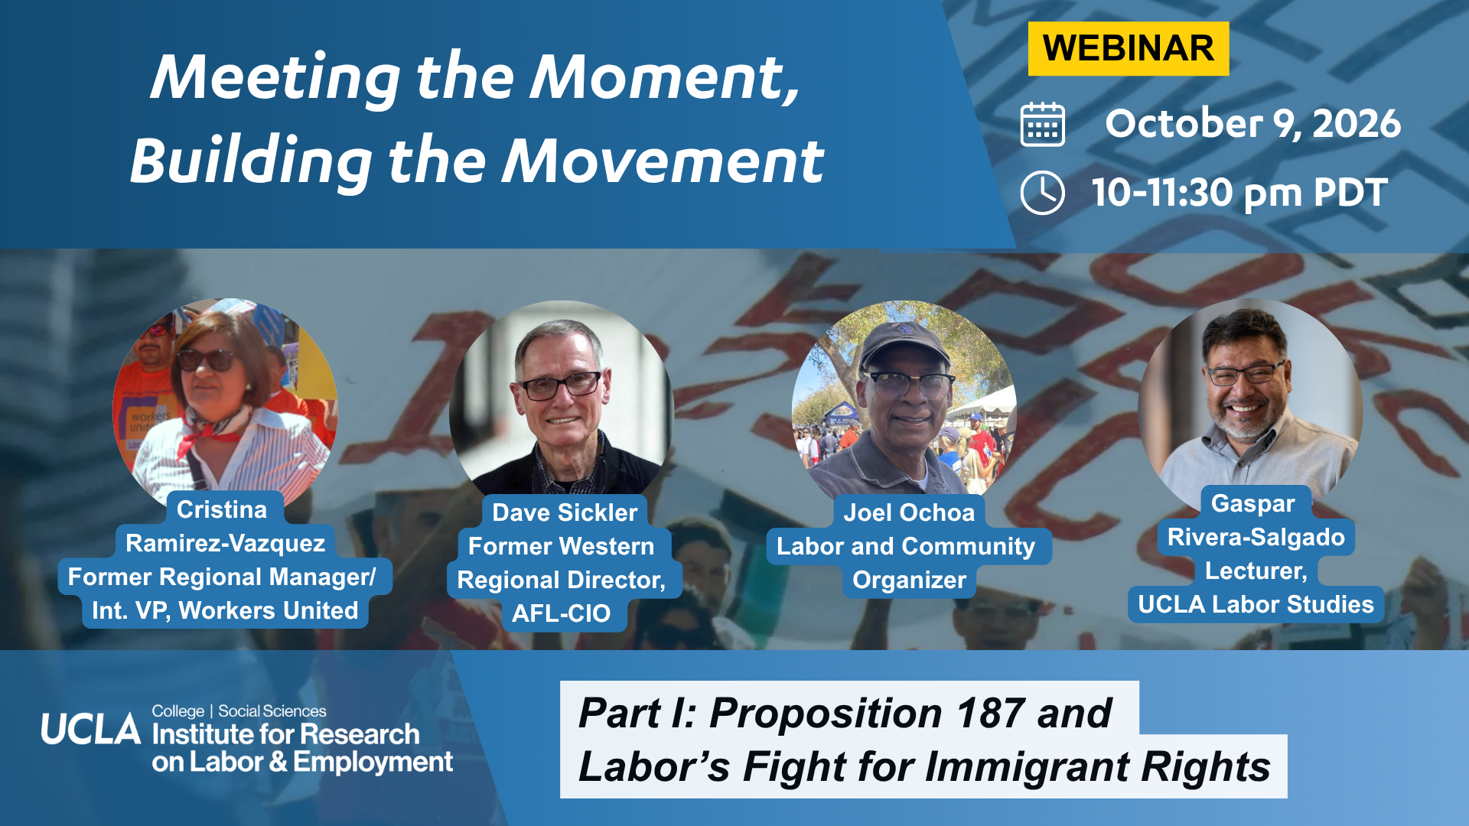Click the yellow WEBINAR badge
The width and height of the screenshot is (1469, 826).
point(1128,49)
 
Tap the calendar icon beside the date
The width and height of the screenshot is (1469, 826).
point(1042,124)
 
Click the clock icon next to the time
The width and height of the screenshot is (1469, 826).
point(1042,193)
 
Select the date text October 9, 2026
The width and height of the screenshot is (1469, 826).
point(1252,124)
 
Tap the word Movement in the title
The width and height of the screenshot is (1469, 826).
point(663,161)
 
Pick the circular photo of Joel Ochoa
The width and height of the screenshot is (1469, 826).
point(904,405)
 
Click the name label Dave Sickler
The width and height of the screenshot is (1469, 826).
point(565,512)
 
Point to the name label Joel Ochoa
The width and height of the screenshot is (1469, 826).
point(909,512)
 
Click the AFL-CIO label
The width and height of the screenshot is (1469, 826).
point(561,613)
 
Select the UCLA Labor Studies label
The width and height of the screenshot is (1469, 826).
point(1256,604)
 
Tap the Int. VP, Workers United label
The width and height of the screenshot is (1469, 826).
point(225,610)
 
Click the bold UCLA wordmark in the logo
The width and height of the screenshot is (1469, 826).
point(91,730)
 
